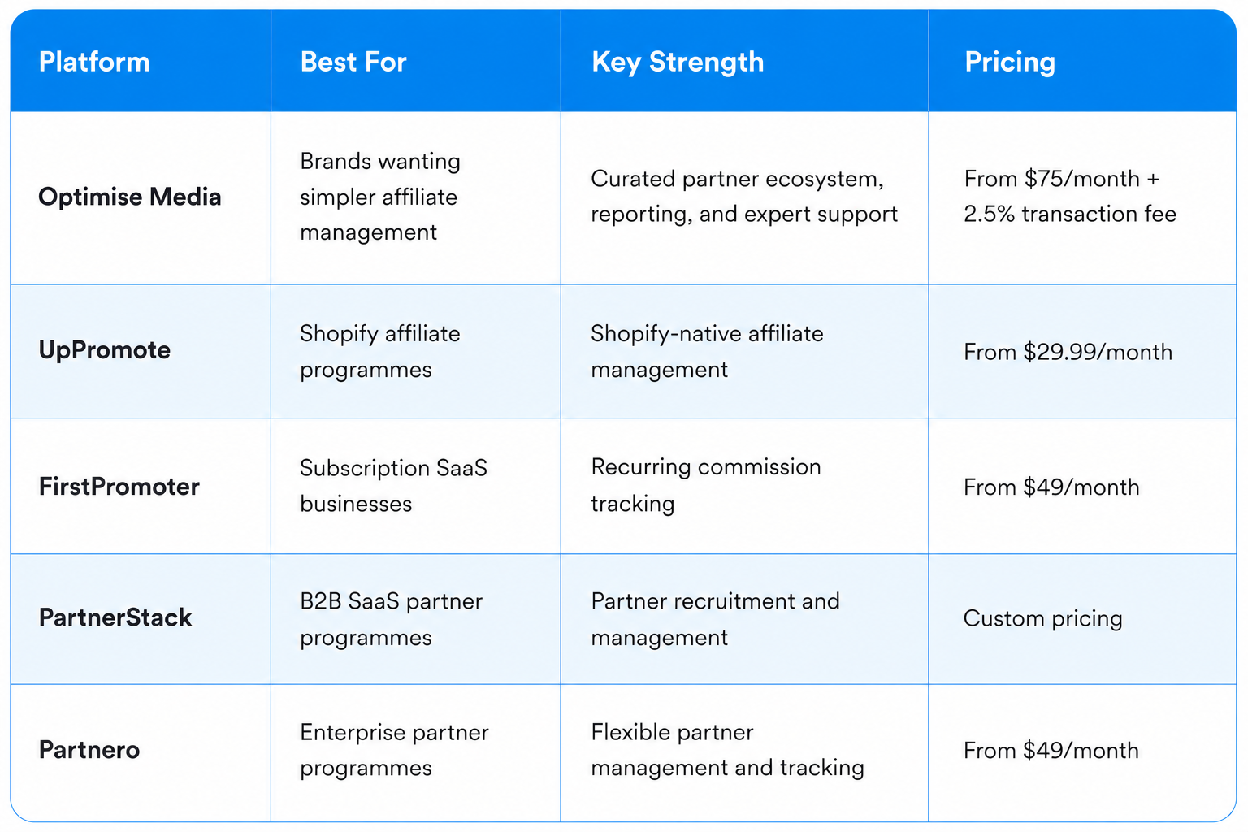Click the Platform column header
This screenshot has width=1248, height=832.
point(94,61)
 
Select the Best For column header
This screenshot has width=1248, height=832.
point(353,61)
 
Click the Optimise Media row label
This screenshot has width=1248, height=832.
point(130,197)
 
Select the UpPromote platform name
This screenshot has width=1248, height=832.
point(104,350)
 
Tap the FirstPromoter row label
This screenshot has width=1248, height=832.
point(119,487)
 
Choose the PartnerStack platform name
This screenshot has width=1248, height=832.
point(115,617)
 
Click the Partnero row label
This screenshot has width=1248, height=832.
point(89,749)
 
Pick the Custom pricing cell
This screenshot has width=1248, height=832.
point(1042,618)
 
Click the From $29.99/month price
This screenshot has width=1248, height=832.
point(1068,352)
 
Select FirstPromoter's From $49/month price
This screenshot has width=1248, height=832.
point(1051,487)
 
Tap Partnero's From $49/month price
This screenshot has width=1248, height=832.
point(1051,751)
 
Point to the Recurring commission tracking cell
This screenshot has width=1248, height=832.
point(706,485)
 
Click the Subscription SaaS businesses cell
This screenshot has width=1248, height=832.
point(393,486)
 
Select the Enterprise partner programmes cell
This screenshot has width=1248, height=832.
point(394,750)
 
